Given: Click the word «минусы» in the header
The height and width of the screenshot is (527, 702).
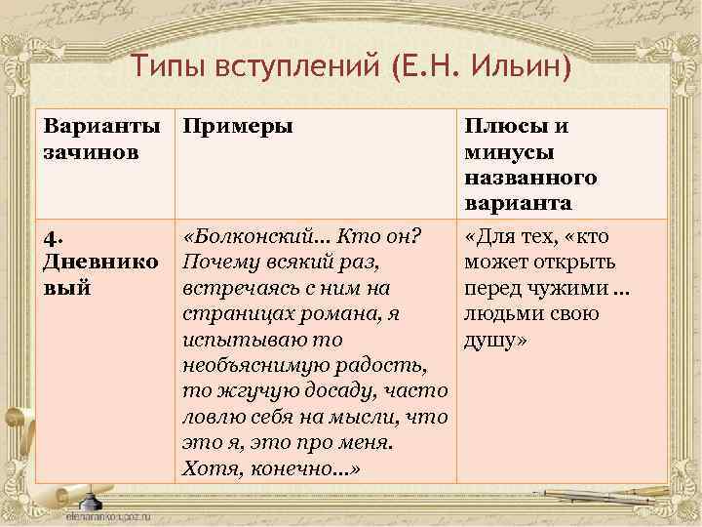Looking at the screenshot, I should tap(510, 153).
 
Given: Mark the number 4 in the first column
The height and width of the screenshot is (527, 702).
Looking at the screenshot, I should tap(51, 238).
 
